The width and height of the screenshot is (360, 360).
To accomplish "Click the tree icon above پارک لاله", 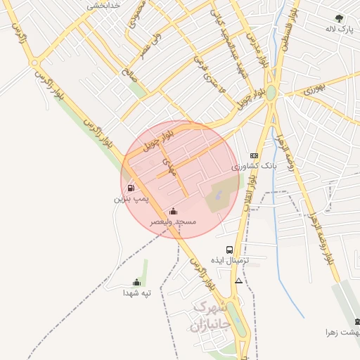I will click(x=340, y=19).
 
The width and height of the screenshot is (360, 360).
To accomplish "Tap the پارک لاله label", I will click(x=338, y=30).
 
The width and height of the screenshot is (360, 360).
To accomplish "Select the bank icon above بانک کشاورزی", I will click(x=254, y=156).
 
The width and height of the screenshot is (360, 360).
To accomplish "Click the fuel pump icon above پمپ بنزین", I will click(x=131, y=188).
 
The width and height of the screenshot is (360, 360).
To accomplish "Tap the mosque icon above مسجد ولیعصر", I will click(x=174, y=211).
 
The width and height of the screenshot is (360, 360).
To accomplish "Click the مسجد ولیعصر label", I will click(x=174, y=222).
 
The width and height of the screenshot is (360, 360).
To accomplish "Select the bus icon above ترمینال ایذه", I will click(x=230, y=250).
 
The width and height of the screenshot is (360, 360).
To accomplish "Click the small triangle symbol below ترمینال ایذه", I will click(x=239, y=281).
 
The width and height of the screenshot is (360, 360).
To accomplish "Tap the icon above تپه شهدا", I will click(x=136, y=282).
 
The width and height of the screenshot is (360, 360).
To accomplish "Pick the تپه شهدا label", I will click(x=137, y=292).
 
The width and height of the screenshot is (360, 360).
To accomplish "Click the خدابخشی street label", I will click(x=105, y=6).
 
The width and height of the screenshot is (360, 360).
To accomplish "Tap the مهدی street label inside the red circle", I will click(x=169, y=167).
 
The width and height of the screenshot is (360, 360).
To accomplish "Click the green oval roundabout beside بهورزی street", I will click(x=271, y=93).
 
